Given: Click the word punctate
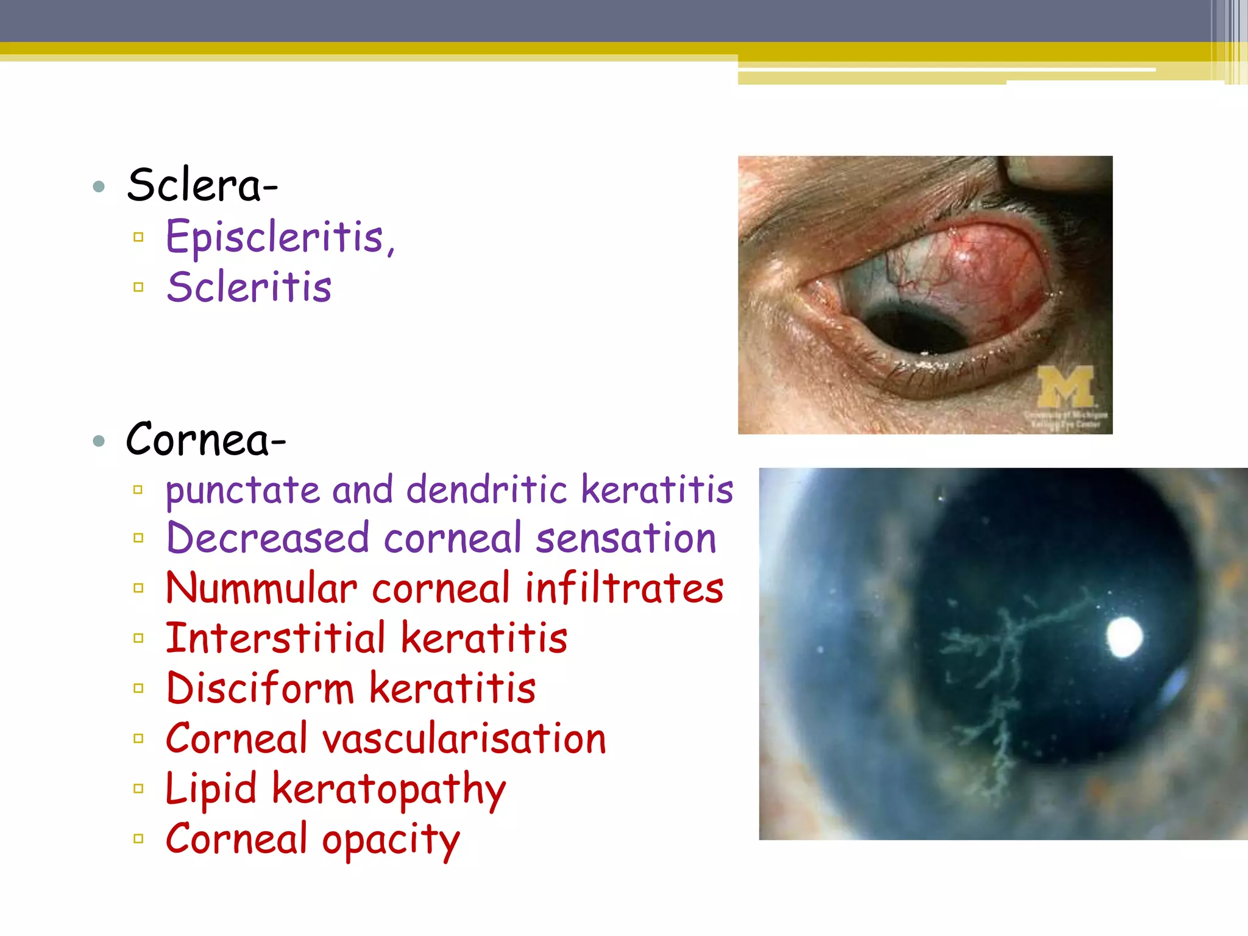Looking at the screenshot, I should click(243, 491).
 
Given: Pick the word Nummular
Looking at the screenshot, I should click(261, 589).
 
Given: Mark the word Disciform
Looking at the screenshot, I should click(260, 689).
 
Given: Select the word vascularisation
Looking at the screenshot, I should click(464, 739).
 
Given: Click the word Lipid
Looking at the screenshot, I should click(211, 790).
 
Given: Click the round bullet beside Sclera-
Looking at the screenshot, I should click(99, 186).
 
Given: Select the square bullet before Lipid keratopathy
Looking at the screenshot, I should click(138, 789).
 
